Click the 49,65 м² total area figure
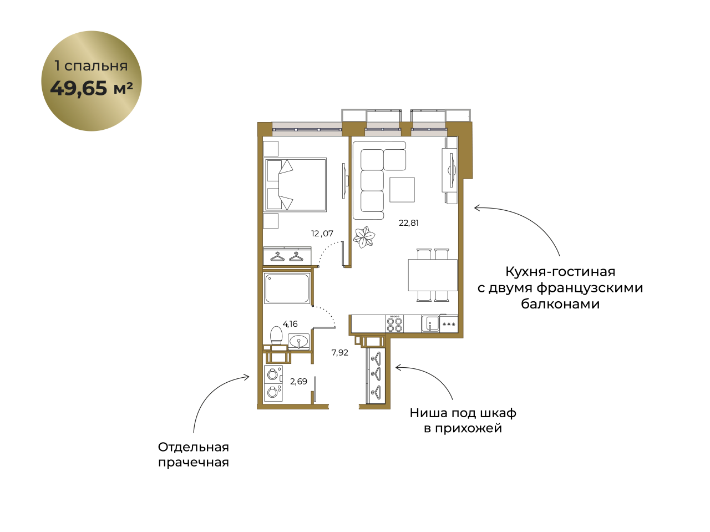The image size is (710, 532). click(x=91, y=88)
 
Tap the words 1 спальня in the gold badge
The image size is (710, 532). click(x=91, y=66)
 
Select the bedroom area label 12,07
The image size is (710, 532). click(x=322, y=234)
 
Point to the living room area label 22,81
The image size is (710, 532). click(x=409, y=223)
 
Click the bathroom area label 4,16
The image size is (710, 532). click(x=290, y=324)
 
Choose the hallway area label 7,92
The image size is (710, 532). click(x=339, y=352)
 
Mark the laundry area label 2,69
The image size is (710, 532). click(x=298, y=382)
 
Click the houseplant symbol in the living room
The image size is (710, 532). click(x=364, y=237)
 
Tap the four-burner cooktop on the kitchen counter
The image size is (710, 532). click(x=394, y=324)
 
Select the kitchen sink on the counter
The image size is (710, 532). click(x=430, y=324)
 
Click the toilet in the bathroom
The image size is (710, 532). click(x=276, y=335)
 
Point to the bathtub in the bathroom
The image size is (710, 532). click(x=287, y=288)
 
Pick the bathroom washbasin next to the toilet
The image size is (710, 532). click(x=298, y=341)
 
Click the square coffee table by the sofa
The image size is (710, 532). click(x=402, y=190)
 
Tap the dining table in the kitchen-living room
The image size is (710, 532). click(x=433, y=275)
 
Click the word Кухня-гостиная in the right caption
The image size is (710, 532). click(x=560, y=272)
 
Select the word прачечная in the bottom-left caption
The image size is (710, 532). click(x=194, y=463)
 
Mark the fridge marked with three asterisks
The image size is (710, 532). click(x=449, y=324)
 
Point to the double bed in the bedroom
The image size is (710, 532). click(x=295, y=185)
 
